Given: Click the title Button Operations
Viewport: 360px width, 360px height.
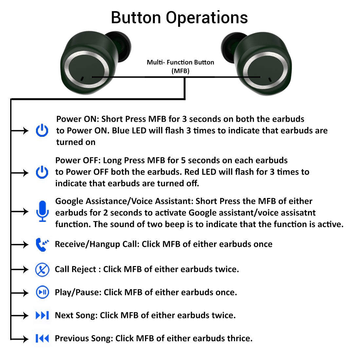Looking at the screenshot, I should [179, 18].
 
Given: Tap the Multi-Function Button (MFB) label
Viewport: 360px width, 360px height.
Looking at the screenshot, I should [180, 66].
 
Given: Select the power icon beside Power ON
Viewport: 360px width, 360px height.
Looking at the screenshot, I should [42, 131].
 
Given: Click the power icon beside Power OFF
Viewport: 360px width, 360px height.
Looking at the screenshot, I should [42, 172].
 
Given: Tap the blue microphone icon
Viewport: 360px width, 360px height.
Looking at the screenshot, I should [42, 211].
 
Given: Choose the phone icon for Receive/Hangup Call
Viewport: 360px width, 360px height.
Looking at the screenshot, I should [42, 244].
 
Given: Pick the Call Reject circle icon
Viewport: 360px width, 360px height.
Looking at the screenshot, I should [42, 269].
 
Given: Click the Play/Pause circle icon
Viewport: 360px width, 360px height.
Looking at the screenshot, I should [42, 292].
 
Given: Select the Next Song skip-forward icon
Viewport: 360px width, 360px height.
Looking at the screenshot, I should [42, 315].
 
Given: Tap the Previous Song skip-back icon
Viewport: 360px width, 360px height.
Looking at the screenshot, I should [42, 338].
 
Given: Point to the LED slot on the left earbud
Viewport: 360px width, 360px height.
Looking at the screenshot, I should [82, 79].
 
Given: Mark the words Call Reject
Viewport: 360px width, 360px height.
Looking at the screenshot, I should [75, 269].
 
